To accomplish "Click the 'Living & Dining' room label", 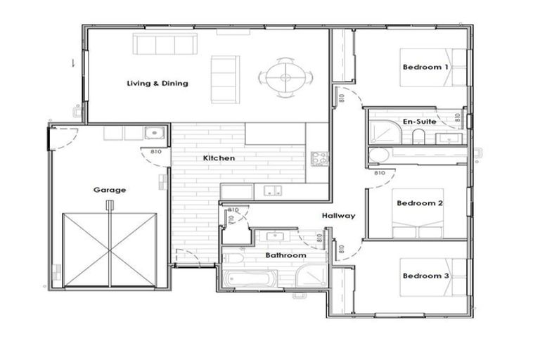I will (157, 84).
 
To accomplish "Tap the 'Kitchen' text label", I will (219, 158).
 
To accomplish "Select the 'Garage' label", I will (110, 190).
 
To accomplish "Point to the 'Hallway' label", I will (338, 216).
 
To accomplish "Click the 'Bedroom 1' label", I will (425, 67).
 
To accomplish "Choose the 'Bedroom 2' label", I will (419, 203).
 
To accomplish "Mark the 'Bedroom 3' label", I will (425, 276).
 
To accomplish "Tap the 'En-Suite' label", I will (419, 122).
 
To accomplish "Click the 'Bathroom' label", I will (285, 255).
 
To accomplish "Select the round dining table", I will (285, 75).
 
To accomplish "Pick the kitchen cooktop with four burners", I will (319, 158).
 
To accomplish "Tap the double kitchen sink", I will (271, 190).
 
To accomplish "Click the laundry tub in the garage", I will (154, 133).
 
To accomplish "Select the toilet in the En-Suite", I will (418, 137).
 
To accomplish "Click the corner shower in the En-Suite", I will (382, 131).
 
